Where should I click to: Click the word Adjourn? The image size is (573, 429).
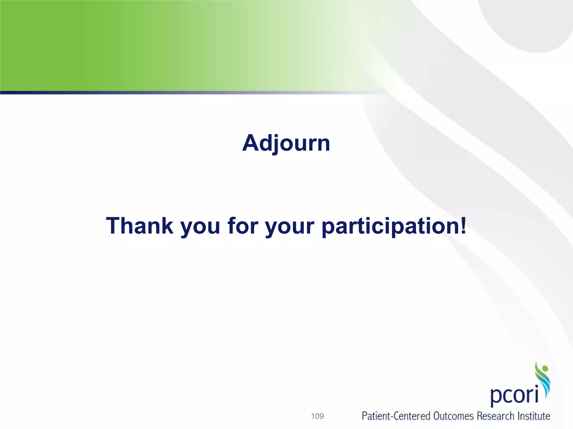point(286,143)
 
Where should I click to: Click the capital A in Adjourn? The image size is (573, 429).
point(251,143)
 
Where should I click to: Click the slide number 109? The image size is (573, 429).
point(317,416)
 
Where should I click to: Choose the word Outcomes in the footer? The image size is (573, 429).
point(454,416)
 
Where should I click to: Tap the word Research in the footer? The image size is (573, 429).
point(495,416)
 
